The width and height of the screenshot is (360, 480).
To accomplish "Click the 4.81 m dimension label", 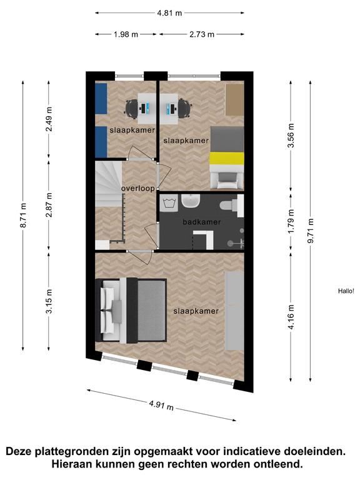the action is (169, 13).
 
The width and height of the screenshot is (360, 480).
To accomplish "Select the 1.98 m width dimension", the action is (126, 34).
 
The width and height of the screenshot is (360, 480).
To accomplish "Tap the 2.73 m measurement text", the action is (202, 34).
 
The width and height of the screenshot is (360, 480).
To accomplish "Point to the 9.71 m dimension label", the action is (311, 231).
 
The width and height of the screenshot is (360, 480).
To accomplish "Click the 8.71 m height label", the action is (23, 215).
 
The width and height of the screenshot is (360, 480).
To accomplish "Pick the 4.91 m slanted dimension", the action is (161, 405).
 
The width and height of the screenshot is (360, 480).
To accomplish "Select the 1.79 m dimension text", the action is (291, 221).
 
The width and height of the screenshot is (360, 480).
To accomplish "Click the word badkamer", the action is (202, 222).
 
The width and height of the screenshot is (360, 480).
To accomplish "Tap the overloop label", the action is (138, 189).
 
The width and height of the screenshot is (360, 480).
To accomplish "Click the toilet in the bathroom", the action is (232, 204).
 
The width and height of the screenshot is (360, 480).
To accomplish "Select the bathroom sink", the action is (191, 201).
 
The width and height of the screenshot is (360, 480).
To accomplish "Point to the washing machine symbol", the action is (169, 203).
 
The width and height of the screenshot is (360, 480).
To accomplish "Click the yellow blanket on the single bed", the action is (227, 159).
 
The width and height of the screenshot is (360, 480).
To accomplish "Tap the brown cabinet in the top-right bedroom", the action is (235, 99).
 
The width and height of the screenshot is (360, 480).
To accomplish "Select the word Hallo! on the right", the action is (346, 291).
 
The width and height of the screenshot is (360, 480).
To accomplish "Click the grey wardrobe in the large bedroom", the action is (235, 311).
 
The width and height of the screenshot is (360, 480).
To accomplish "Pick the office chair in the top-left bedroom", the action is (132, 109).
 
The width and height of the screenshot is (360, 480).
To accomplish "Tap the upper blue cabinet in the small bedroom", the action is (101, 99).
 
